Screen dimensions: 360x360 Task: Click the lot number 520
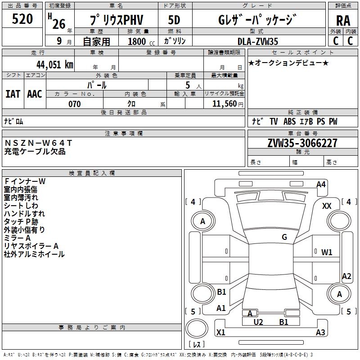click(22, 19)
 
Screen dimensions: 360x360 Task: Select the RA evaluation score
click(343, 21)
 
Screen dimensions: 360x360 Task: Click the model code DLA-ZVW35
click(258, 41)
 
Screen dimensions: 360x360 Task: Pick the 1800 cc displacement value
click(139, 41)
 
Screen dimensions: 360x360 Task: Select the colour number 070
click(74, 104)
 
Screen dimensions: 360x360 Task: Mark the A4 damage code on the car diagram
click(321, 184)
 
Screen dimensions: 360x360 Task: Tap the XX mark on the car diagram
click(327, 206)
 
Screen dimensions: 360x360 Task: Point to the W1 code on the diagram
click(327, 252)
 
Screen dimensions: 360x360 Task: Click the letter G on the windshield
click(284, 237)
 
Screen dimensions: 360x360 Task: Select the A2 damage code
click(346, 276)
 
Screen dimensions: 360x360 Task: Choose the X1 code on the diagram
click(221, 333)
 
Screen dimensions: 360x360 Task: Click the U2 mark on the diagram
click(258, 322)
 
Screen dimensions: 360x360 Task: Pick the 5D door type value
click(174, 20)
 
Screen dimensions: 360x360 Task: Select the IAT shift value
click(13, 94)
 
